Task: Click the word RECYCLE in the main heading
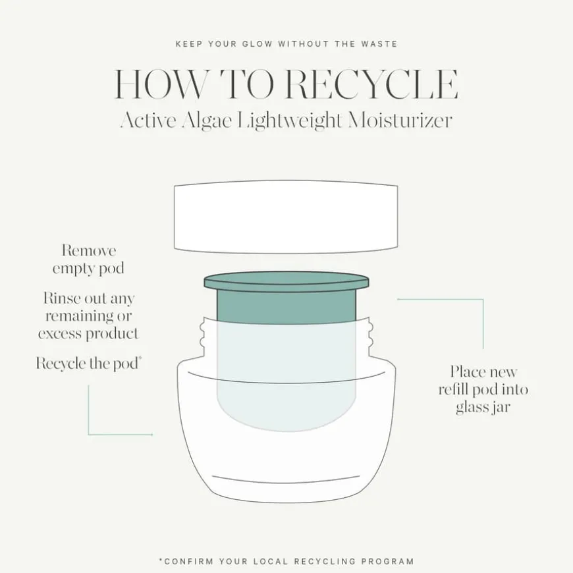[x=371, y=84]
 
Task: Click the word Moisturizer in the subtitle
[x=400, y=120]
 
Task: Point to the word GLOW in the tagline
[x=258, y=44]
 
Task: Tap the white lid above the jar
[x=286, y=217]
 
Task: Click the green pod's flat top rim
[x=286, y=282]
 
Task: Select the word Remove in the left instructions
[x=89, y=251]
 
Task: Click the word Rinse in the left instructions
[x=61, y=298]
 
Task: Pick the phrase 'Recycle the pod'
[x=87, y=364]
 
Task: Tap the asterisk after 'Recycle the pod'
[x=140, y=358]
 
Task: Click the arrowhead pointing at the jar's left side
[x=151, y=435]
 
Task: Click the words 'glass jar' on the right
[x=483, y=408]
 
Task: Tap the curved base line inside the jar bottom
[x=286, y=479]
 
